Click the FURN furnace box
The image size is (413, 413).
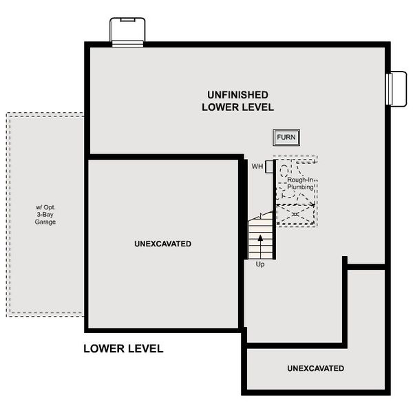click(x=286, y=138)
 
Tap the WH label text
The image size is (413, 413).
click(x=257, y=167)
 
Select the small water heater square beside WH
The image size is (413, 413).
click(x=270, y=167)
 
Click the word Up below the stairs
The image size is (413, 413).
click(x=260, y=264)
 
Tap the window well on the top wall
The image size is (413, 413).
click(x=128, y=32)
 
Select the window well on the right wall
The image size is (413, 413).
click(x=398, y=89)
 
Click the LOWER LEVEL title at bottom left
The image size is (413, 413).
click(x=123, y=349)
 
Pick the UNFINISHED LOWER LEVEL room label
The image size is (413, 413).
click(x=237, y=100)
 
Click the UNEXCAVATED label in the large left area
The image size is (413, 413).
click(x=163, y=244)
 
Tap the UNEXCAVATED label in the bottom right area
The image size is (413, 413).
click(x=315, y=369)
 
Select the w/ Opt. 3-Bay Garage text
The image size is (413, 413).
click(x=46, y=215)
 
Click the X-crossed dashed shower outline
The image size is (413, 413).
click(x=295, y=215)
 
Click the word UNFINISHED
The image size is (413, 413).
click(x=237, y=94)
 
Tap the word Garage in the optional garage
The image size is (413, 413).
click(x=46, y=222)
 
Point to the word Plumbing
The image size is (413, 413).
click(x=301, y=187)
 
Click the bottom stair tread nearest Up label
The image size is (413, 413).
click(x=260, y=255)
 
